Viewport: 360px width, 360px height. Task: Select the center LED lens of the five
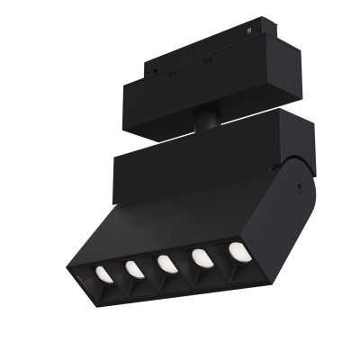tap(166, 263)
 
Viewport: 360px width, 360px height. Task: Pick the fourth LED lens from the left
tap(200, 257)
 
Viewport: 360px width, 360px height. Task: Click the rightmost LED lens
tap(237, 251)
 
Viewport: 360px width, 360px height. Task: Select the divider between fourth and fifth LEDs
tap(219, 256)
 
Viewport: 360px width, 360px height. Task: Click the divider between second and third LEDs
tap(150, 267)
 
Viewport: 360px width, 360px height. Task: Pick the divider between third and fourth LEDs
tap(183, 262)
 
